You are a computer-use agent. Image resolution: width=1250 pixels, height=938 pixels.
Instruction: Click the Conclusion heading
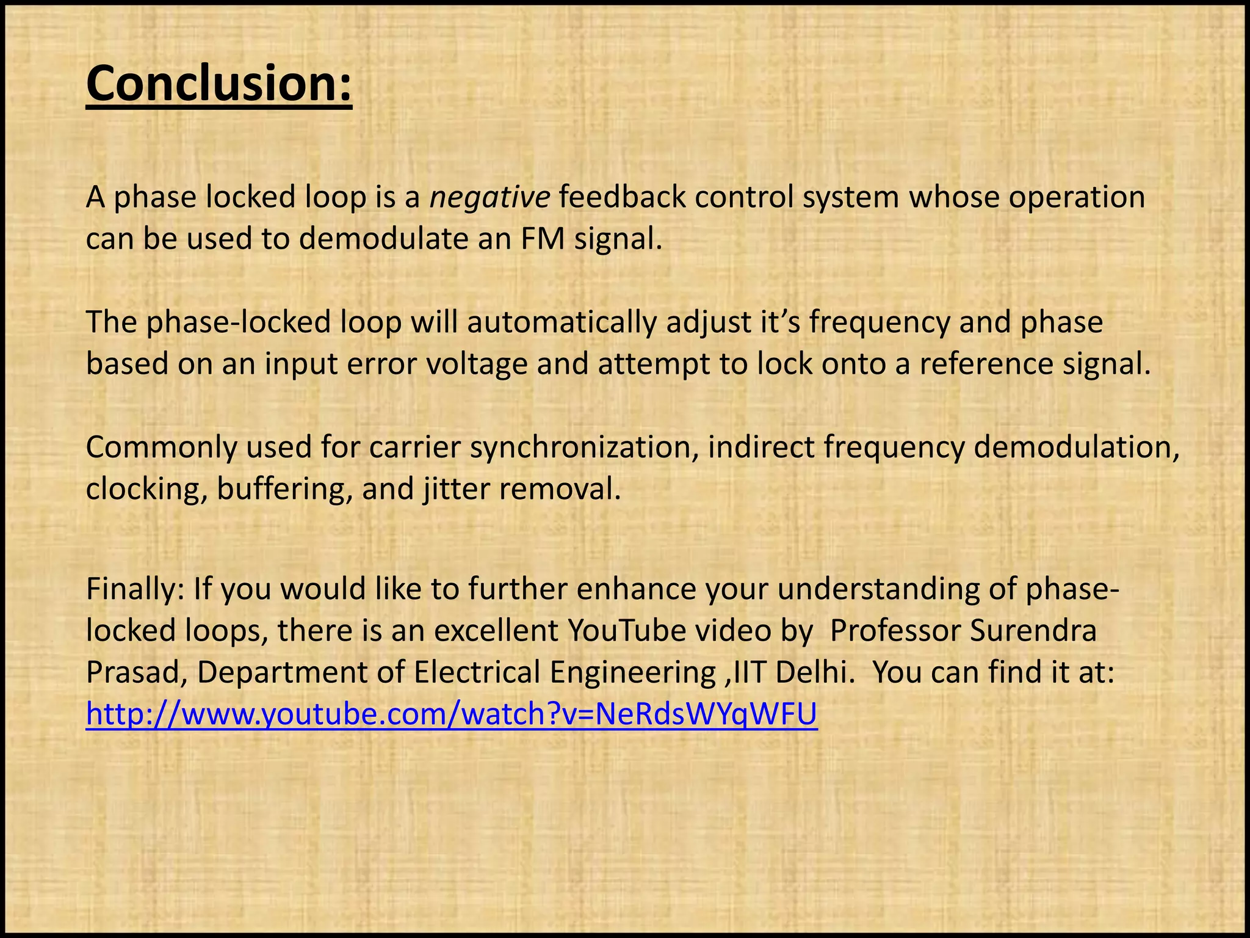219,84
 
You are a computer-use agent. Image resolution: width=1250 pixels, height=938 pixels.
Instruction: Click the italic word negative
490,197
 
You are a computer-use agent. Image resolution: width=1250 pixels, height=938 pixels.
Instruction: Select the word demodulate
384,238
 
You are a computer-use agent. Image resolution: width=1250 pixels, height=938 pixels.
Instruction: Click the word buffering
284,489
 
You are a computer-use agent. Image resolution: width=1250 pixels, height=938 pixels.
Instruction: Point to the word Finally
135,589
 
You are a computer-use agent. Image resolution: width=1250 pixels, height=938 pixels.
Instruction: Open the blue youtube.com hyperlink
451,714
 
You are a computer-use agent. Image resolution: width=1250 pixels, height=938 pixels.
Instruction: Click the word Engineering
632,672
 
